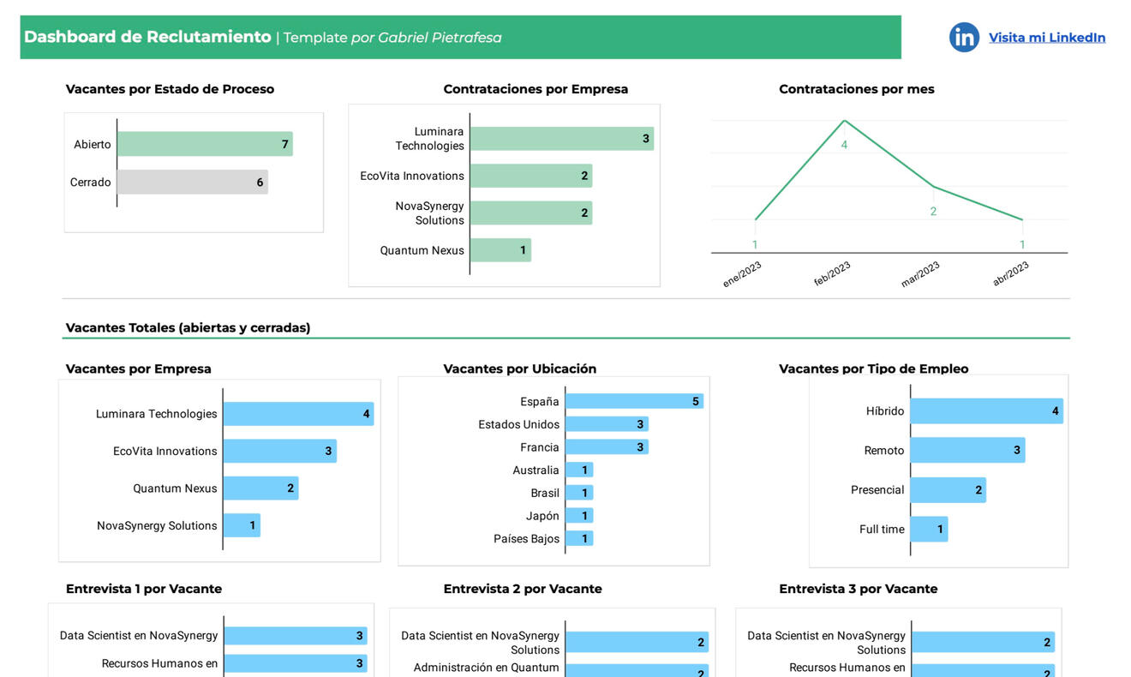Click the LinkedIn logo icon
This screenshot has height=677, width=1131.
point(964,37)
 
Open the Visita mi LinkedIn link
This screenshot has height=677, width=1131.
point(1047,38)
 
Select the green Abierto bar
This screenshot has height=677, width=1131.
point(205,144)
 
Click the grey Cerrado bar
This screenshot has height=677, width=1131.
point(192,182)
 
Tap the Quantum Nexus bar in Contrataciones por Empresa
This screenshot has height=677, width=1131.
point(500,250)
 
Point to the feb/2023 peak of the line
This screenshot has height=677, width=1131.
point(844,121)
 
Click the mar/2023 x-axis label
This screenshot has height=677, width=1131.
point(920,274)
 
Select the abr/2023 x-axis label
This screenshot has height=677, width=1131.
point(1010,274)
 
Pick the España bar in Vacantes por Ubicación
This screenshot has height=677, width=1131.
point(634,401)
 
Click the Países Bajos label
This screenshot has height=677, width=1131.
point(526,539)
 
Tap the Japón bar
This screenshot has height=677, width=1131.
point(579,516)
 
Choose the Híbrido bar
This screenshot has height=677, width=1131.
point(986,411)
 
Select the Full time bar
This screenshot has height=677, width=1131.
point(929,529)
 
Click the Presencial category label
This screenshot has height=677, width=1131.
point(877,490)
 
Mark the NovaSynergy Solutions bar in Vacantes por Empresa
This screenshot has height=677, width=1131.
point(242,525)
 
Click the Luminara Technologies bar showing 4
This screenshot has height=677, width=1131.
point(298,414)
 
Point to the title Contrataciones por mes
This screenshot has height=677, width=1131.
point(856,89)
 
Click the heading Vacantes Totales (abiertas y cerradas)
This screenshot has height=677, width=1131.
point(188,327)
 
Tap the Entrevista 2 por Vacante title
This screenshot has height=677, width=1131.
point(522,589)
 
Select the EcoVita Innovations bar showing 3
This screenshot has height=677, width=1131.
point(279,451)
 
